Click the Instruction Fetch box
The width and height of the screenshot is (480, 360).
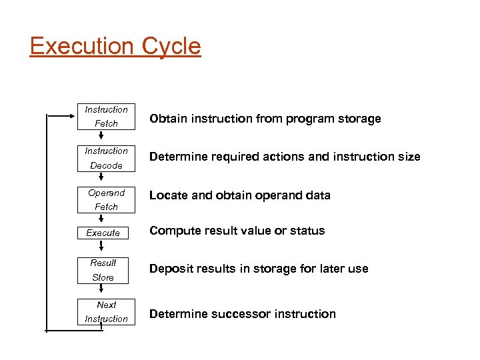[x=106, y=117]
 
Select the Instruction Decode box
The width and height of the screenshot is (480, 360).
[x=106, y=158]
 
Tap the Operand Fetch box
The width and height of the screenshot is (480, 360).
[x=106, y=200]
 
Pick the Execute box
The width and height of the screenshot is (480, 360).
[x=103, y=233]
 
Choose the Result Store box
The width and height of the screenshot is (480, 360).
[x=103, y=270]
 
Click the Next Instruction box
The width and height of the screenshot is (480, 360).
[x=106, y=312]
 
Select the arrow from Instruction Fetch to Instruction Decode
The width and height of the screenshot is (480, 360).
[x=101, y=137]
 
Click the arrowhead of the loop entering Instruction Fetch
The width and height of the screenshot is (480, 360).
[x=74, y=116]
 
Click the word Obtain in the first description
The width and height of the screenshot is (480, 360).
[x=167, y=119]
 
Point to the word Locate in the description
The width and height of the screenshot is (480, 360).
[x=167, y=195]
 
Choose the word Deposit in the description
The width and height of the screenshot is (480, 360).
[x=171, y=269]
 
